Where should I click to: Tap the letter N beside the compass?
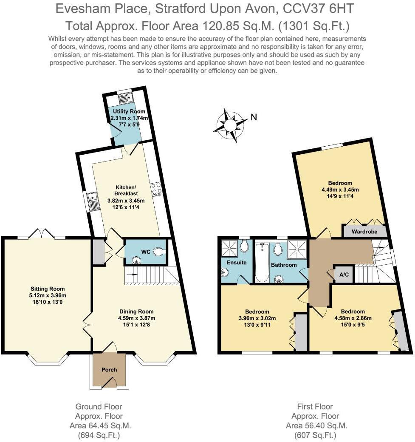[254, 118]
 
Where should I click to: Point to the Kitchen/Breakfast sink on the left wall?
[93, 201]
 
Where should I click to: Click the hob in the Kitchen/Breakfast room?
[156, 189]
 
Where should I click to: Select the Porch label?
[109, 369]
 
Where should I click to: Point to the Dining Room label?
[136, 311]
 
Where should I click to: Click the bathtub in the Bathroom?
[262, 262]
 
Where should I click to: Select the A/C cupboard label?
[344, 275]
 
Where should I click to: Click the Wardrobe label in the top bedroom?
[365, 232]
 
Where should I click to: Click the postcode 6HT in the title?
[343, 8]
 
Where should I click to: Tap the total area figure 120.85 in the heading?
[219, 25]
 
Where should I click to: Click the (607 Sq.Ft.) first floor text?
[314, 435]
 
